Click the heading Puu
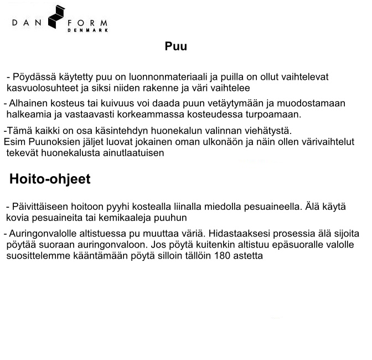tap(175, 47)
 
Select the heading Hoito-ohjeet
tap(50, 179)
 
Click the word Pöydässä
tap(34, 77)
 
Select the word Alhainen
tap(28, 104)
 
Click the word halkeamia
tap(27, 115)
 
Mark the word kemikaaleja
tap(124, 218)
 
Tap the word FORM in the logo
tap(87, 23)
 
